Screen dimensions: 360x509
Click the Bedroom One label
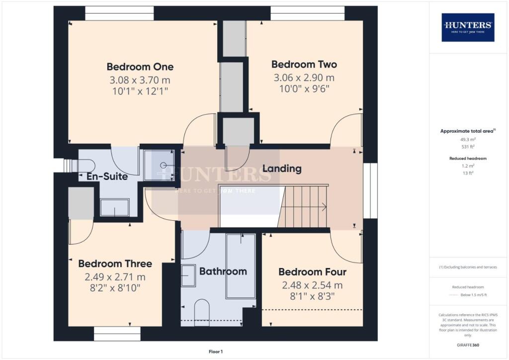[x=140, y=67]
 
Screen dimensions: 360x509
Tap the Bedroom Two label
[x=304, y=64]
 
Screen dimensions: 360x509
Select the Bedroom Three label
[x=115, y=264]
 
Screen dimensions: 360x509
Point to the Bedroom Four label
[x=312, y=272]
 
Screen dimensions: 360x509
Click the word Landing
[x=282, y=169]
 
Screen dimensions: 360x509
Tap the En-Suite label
[x=107, y=176]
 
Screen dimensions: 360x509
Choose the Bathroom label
[x=223, y=271]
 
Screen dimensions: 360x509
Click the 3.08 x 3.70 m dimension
[x=140, y=80]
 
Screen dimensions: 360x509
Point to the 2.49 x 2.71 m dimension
[x=115, y=277]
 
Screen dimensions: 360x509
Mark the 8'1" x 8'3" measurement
[x=312, y=297]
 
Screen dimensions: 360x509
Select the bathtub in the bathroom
[x=241, y=266]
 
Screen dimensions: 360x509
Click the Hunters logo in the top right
[x=468, y=27]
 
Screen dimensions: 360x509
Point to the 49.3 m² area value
[x=468, y=140]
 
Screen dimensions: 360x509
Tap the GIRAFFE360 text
[x=468, y=345]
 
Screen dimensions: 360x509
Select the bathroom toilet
[x=202, y=309]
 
